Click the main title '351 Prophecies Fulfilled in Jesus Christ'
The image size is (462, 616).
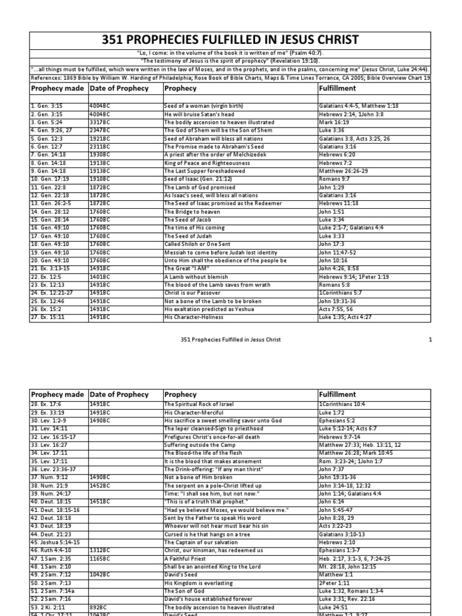tap(230, 40)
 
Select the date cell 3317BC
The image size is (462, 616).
tap(100, 122)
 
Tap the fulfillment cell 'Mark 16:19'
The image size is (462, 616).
tap(334, 122)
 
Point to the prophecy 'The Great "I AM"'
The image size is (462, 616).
tap(187, 268)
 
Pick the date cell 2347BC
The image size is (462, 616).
tap(100, 130)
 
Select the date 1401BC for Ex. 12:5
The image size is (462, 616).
tap(100, 277)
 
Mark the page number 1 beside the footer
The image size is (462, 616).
tap(447, 340)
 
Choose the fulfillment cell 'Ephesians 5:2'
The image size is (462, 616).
tap(337, 420)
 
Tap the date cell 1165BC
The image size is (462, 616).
tap(100, 559)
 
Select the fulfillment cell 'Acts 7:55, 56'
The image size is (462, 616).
tap(337, 309)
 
